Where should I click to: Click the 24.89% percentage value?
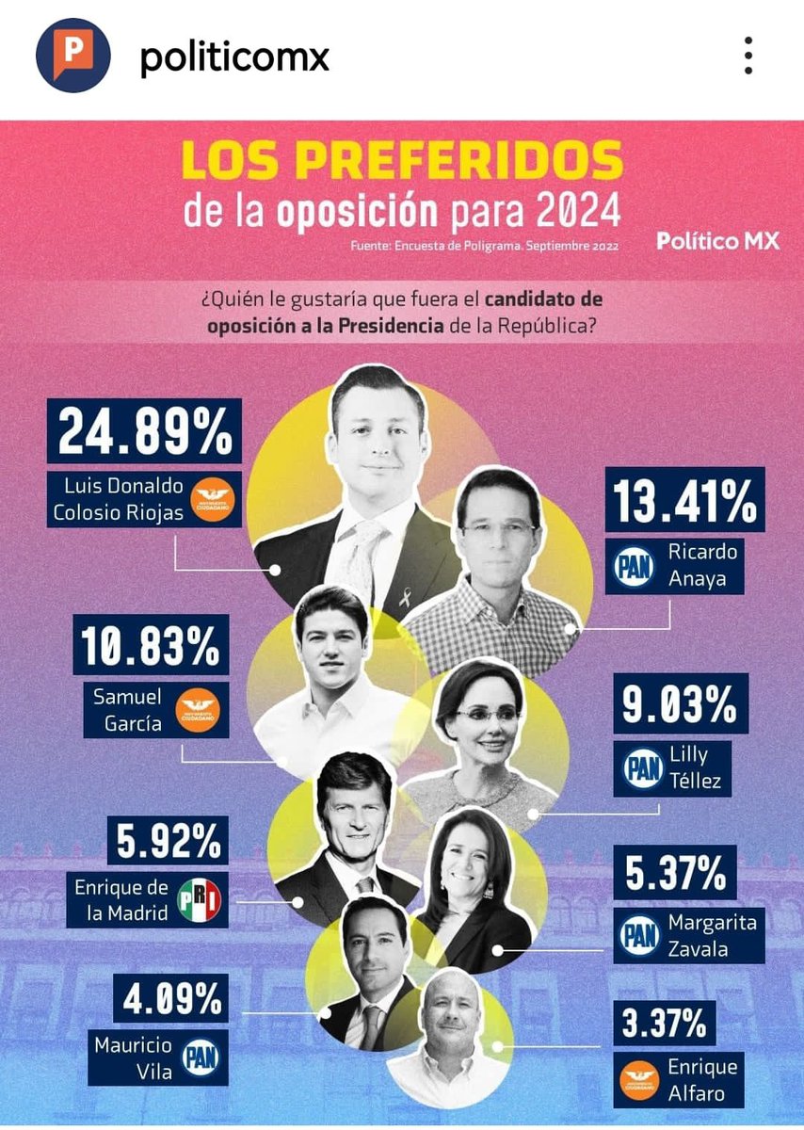145,433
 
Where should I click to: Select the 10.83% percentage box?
151,647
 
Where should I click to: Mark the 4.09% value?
169,999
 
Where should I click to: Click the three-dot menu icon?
748,56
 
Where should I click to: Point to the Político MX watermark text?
718,241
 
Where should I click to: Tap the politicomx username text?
234,57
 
